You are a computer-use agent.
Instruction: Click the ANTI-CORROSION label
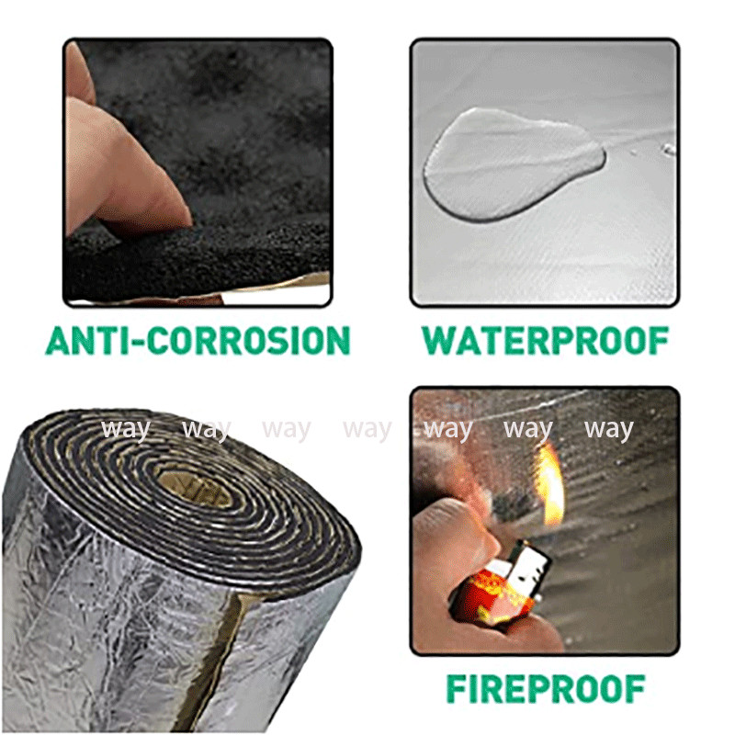tap(198, 340)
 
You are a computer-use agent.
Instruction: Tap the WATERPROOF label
tap(545, 340)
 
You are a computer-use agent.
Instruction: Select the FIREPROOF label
tap(545, 688)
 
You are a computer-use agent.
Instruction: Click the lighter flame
tap(552, 485)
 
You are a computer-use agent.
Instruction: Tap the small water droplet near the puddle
tap(669, 150)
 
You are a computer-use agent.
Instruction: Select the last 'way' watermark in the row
tap(609, 430)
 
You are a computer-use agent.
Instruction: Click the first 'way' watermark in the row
tap(126, 430)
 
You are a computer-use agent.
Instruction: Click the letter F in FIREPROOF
tap(456, 689)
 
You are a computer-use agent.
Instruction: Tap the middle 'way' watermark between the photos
tap(367, 430)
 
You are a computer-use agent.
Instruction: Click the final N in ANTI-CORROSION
tap(337, 341)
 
